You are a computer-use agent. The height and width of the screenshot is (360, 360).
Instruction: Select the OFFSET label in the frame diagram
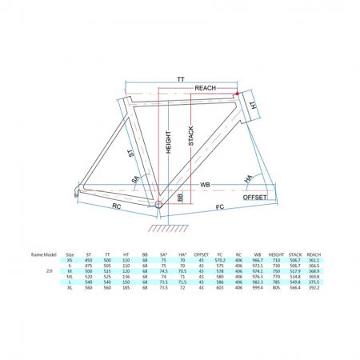pos(254,194)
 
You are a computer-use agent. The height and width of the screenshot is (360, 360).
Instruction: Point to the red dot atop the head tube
pos(237,94)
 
